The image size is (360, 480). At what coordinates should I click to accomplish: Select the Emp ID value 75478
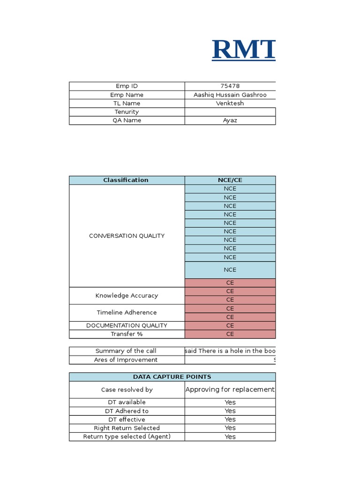(x=230, y=86)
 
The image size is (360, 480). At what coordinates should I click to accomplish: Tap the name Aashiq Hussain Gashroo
(x=230, y=95)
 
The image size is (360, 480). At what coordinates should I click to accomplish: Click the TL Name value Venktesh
(x=230, y=103)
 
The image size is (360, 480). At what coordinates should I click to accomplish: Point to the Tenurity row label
(x=127, y=112)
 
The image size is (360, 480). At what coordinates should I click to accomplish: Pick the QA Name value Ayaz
(x=230, y=120)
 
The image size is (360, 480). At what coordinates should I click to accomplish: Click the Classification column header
(x=126, y=180)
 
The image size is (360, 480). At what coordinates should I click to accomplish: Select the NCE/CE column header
(x=230, y=180)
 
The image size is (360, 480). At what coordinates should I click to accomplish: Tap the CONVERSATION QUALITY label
(x=127, y=236)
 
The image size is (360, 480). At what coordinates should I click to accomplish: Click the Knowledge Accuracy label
(x=127, y=296)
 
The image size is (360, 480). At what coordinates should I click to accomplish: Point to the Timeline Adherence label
(x=127, y=313)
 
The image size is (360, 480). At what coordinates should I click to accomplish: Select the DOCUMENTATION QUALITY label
(x=127, y=325)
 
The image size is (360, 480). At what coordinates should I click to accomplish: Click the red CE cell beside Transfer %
(x=230, y=334)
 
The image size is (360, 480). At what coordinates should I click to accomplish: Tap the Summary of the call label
(x=126, y=351)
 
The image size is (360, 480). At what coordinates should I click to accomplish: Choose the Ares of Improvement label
(x=127, y=360)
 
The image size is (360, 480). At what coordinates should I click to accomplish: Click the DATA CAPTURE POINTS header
(x=172, y=377)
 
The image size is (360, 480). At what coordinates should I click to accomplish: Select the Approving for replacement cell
(x=230, y=390)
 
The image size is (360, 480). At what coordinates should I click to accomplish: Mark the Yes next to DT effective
(x=230, y=420)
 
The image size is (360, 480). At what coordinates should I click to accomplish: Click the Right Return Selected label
(x=127, y=428)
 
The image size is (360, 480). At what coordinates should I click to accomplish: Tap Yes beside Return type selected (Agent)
(x=230, y=437)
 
